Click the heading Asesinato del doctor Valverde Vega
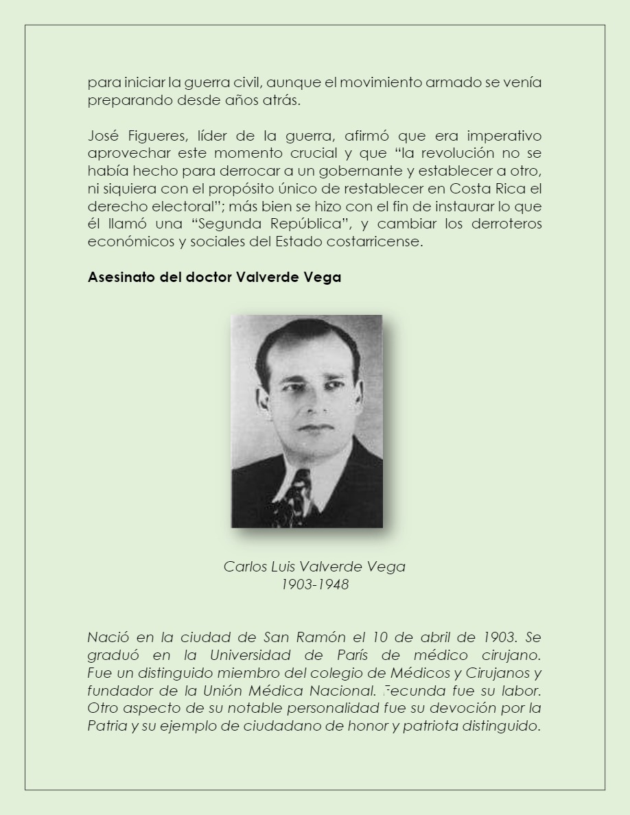(x=214, y=278)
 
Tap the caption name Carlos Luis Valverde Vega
(x=314, y=567)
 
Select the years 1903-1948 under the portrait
(x=314, y=584)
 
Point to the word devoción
(x=474, y=708)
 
